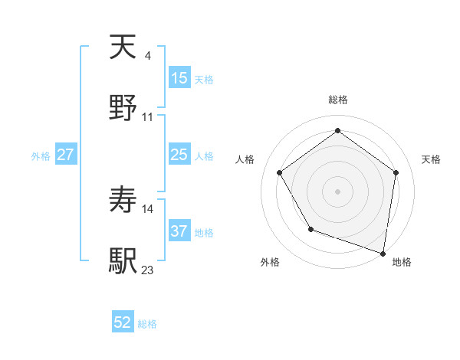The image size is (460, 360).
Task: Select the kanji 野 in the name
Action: [123, 108]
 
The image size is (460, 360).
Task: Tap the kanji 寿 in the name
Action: [123, 201]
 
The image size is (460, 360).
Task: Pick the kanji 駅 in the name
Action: [123, 261]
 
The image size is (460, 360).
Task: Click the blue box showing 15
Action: [179, 78]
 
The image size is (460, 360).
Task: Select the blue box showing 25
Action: [179, 155]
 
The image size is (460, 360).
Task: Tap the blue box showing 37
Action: [179, 231]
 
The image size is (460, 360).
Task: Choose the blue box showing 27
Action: [66, 155]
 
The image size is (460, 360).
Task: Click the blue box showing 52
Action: [123, 323]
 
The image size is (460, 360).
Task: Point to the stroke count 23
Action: [148, 270]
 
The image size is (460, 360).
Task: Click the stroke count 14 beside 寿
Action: [148, 208]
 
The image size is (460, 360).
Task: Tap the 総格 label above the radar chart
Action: [338, 100]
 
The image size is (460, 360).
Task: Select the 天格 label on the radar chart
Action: [431, 159]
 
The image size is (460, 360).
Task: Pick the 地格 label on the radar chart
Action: [402, 263]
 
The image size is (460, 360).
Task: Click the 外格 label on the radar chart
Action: [270, 263]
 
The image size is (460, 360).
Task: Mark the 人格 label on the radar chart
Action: [245, 159]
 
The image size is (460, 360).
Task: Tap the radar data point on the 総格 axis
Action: [337, 131]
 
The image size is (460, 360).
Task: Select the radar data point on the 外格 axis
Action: [310, 229]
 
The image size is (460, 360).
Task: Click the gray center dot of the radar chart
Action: [337, 191]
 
